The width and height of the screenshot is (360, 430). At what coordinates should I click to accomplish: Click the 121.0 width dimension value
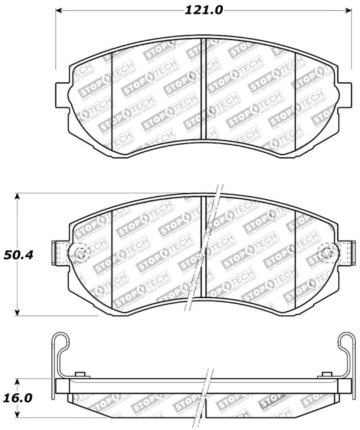point(203,10)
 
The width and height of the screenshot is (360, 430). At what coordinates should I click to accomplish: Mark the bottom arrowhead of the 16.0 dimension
point(18,415)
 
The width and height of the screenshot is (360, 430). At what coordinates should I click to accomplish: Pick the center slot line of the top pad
point(203,89)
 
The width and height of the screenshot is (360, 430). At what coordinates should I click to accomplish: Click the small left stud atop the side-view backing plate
point(81,376)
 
